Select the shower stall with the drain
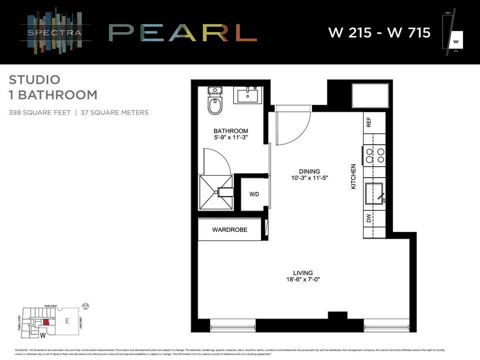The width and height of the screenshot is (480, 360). (216, 191)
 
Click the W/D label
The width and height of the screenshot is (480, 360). (254, 194)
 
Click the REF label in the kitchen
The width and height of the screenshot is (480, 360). (369, 122)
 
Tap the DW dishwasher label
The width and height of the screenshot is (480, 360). (369, 218)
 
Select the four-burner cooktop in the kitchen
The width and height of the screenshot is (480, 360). (374, 154)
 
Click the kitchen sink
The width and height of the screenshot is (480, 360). (374, 193)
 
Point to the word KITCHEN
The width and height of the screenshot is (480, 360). (353, 176)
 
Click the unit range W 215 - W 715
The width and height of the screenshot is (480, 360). (379, 33)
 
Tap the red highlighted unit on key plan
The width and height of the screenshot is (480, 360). (46, 322)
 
